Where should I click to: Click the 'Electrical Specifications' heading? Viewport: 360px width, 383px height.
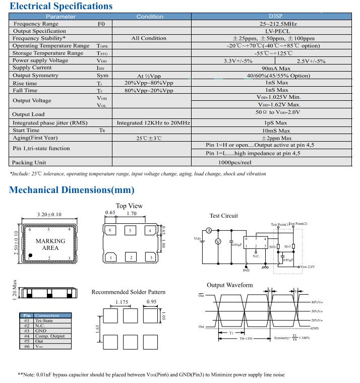click(x=61, y=7)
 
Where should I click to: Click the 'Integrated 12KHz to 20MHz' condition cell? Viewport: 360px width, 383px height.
click(x=153, y=123)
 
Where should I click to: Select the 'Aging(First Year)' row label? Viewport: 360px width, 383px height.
click(x=35, y=138)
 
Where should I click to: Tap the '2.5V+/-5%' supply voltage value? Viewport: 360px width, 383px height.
click(x=311, y=61)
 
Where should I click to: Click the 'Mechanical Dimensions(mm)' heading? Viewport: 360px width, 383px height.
click(x=72, y=190)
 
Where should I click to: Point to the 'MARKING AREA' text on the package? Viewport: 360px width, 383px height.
click(x=50, y=244)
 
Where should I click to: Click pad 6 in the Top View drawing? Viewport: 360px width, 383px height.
click(x=110, y=231)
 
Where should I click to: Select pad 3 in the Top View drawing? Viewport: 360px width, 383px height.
click(x=150, y=258)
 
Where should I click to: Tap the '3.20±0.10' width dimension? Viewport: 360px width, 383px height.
click(x=49, y=215)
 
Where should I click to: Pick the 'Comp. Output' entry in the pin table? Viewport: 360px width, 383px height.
click(x=50, y=336)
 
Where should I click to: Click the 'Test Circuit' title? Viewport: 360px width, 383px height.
click(x=223, y=216)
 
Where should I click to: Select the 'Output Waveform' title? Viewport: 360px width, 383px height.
click(x=230, y=285)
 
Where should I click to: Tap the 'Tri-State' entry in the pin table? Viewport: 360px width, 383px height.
click(x=44, y=321)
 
